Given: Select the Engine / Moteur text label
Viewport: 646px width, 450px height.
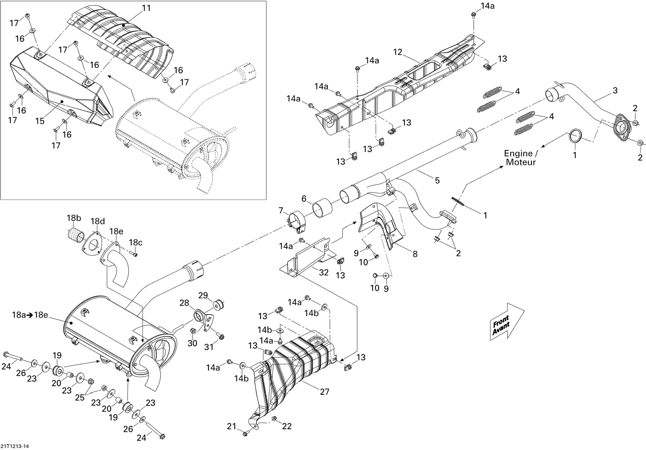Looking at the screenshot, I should click(x=521, y=158).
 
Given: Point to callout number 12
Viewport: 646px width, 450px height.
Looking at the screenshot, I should click(x=397, y=52).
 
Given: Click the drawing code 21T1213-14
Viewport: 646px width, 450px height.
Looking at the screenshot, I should click(x=15, y=446).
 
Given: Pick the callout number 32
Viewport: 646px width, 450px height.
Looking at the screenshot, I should click(x=324, y=272).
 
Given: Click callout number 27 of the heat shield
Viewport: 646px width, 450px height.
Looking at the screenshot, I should click(x=324, y=391).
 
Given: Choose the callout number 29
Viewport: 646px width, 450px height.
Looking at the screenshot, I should click(x=203, y=295).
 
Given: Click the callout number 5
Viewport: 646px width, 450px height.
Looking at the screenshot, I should click(x=437, y=180).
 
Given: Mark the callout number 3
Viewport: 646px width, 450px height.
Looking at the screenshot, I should click(x=615, y=90).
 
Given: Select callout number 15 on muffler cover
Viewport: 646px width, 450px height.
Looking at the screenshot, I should click(x=40, y=121).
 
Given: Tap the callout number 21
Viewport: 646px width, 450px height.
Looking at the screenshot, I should click(x=232, y=426).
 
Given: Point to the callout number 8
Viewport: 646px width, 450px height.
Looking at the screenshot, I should click(x=415, y=254).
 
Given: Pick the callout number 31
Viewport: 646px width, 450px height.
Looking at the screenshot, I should click(x=209, y=347).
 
